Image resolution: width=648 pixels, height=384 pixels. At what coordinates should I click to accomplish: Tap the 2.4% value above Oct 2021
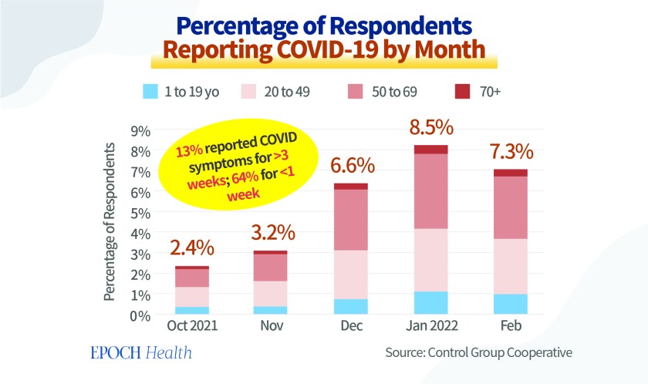(192, 249)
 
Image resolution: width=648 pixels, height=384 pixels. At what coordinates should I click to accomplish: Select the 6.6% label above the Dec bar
(352, 166)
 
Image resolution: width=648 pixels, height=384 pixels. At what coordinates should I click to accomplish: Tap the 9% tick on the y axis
(137, 130)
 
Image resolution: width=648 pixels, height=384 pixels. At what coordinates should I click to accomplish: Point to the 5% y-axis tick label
(137, 213)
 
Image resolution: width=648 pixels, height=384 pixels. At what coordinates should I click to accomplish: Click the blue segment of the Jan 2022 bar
(431, 303)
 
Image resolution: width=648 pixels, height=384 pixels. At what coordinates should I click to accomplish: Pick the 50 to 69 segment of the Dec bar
(352, 220)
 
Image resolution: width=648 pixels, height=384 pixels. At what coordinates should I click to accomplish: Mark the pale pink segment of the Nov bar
(270, 293)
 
